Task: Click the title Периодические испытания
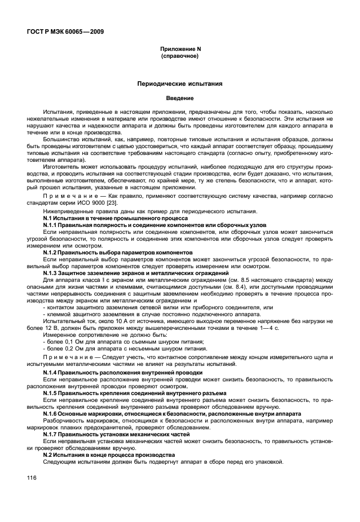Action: pyautogui.click(x=180, y=83)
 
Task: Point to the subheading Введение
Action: pyautogui.click(x=180, y=98)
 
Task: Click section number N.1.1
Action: pyautogui.click(x=53, y=225)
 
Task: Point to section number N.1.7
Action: pyautogui.click(x=53, y=433)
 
